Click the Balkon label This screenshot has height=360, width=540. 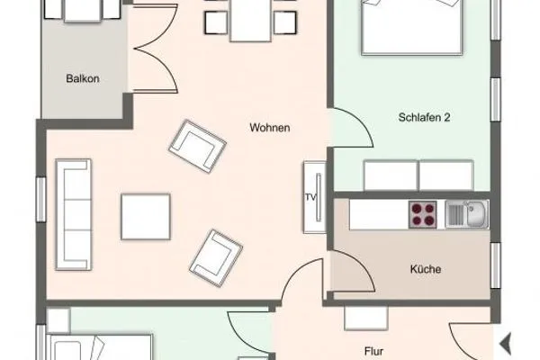82,78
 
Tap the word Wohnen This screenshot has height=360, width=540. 269,128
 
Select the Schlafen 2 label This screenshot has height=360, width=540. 423,117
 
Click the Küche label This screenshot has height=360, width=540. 424,268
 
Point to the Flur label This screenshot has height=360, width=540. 374,352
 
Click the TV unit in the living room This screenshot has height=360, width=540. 311,196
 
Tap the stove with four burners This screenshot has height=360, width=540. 423,214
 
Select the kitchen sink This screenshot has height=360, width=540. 467,213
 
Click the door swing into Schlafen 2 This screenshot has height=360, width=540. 351,130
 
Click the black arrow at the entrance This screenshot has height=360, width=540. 505,343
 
